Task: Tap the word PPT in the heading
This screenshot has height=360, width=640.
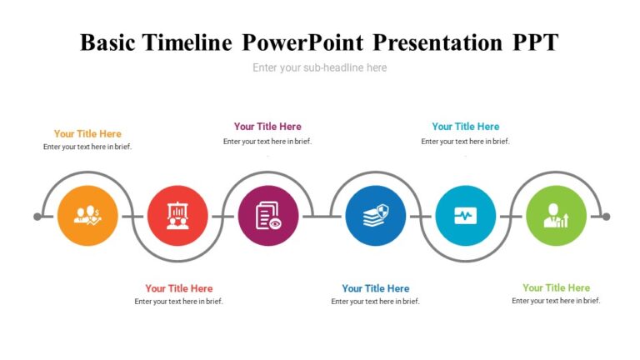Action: pos(534,42)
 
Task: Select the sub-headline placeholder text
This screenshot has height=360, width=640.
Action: pos(319,67)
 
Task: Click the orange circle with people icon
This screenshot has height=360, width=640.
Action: pos(87,216)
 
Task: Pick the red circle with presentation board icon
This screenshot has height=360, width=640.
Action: pos(177,216)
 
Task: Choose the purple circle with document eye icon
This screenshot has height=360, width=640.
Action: pos(267,216)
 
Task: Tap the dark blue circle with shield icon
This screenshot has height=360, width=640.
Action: pos(375,216)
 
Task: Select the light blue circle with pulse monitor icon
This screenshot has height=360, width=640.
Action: pos(465,216)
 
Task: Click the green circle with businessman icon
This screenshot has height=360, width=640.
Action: pos(556,216)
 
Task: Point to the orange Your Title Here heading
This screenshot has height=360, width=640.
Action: pos(87,133)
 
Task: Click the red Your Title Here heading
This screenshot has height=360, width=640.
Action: pos(178,288)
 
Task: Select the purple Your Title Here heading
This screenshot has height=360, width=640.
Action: pos(267,127)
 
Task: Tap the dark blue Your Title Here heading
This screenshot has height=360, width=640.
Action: pos(375,288)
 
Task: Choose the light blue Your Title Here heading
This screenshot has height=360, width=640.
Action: pos(465,127)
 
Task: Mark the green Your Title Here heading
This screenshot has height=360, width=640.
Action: pos(556,287)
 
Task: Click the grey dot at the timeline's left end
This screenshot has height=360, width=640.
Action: pos(37,217)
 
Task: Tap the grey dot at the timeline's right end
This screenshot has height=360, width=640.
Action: pos(606,217)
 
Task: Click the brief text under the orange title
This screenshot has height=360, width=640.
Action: pos(87,147)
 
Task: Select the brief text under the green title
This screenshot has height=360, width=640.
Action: pos(556,301)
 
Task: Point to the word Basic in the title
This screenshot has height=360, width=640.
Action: pos(109,42)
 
